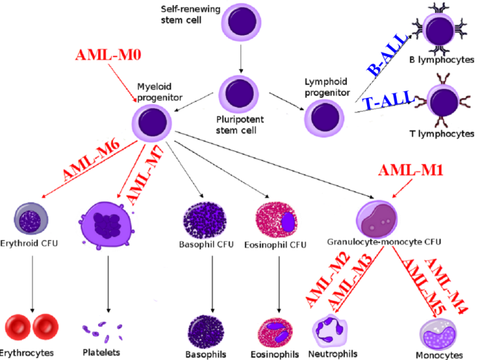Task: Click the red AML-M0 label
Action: click(109, 55)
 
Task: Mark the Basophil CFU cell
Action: click(204, 219)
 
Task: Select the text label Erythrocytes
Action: click(27, 354)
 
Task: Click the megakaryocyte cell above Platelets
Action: click(107, 219)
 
